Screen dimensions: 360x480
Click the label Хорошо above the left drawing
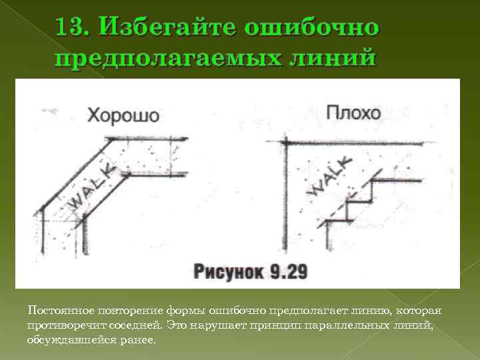[124, 114]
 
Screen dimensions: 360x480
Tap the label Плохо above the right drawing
[355, 112]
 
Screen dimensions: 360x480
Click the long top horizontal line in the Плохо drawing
[353, 143]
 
